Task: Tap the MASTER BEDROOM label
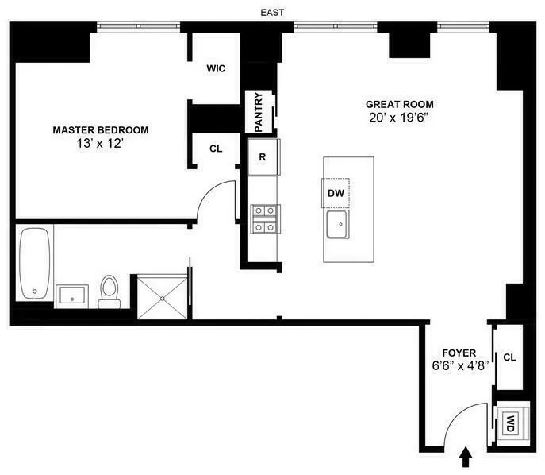coord(101,130)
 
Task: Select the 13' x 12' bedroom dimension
coord(101,145)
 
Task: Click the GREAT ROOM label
coord(399,104)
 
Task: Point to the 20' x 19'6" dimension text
coord(399,118)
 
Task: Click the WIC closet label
coord(216,69)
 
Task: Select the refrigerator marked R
coord(263,156)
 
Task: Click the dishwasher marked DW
coord(336,192)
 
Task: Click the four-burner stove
coord(263,218)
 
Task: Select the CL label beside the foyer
coord(509,357)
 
